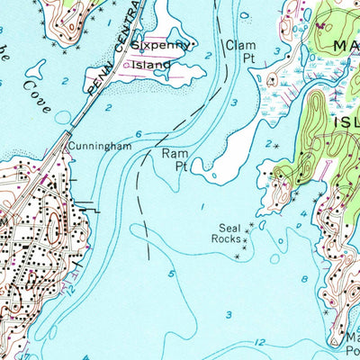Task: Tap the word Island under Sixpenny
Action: click(x=150, y=65)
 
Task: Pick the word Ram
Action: click(x=173, y=154)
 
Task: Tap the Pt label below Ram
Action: click(x=180, y=166)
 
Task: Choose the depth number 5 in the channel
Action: click(x=171, y=273)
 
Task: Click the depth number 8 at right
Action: click(x=303, y=280)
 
